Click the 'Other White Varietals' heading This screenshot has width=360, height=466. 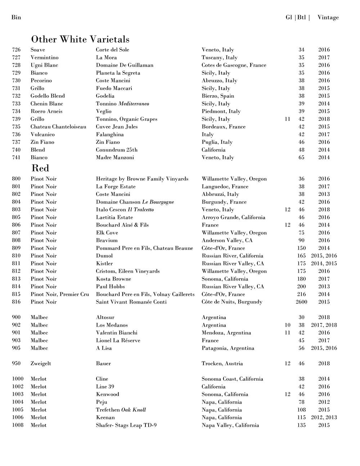(80, 39)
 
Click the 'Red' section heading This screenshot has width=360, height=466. (40, 168)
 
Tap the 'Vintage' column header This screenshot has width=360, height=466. (328, 17)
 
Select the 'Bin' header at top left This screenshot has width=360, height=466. (16, 17)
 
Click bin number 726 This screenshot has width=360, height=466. (16, 50)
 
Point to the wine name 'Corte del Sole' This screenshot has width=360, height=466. (112, 50)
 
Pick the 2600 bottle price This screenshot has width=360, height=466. (301, 302)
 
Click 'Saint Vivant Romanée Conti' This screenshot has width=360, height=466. (131, 302)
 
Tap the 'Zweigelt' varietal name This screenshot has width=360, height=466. (41, 363)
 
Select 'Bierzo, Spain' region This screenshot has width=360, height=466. (218, 96)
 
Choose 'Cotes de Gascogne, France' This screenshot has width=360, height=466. (234, 65)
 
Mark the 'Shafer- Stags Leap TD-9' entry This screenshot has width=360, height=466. (126, 425)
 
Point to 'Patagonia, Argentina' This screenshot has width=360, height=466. (228, 348)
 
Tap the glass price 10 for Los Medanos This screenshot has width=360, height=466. (287, 325)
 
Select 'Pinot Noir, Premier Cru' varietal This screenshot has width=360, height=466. (60, 294)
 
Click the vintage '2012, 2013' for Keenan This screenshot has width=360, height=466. (324, 417)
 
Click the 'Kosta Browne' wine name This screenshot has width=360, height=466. (113, 279)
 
